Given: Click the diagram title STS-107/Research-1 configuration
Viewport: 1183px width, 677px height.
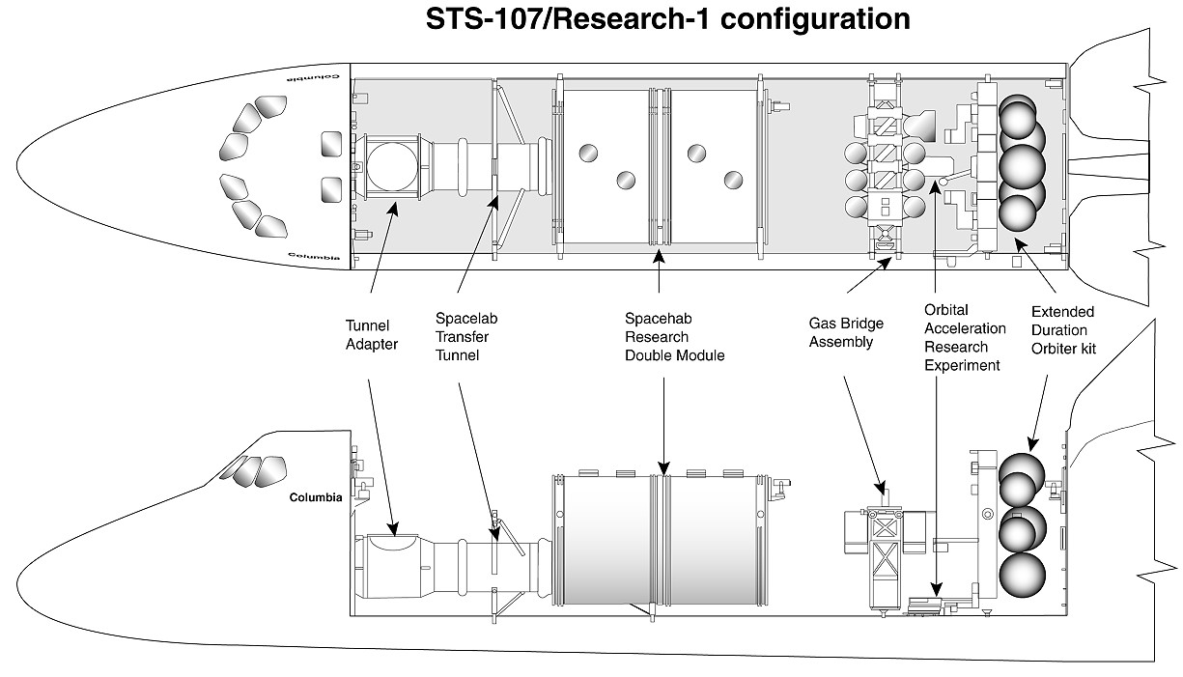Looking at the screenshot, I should [x=668, y=19].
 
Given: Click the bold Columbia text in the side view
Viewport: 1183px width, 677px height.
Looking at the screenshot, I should [x=316, y=498].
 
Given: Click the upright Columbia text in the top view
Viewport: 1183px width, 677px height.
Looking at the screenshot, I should [x=315, y=257].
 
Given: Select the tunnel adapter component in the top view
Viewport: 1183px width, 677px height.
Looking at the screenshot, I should [x=390, y=167].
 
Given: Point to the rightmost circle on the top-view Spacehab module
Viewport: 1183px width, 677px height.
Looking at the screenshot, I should [x=733, y=179].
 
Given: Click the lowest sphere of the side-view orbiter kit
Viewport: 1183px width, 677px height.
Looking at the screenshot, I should [x=1022, y=575].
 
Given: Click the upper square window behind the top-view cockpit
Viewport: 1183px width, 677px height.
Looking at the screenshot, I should [x=330, y=144].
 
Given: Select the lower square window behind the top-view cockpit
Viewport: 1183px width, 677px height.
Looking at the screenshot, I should [x=330, y=189].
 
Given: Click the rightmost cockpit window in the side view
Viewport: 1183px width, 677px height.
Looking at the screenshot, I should [x=273, y=470].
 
